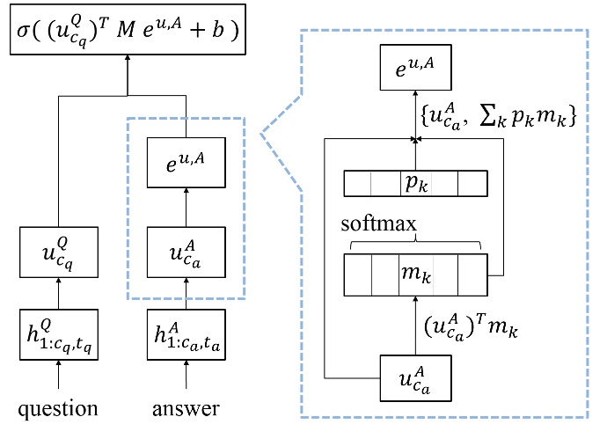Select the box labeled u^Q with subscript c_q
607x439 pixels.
pos(58,251)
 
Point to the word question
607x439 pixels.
pos(58,410)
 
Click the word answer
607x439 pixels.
pos(186,410)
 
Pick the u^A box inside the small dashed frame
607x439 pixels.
pos(186,251)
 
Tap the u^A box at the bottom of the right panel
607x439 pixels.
pos(416,378)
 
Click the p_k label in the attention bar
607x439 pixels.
pos(414,184)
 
